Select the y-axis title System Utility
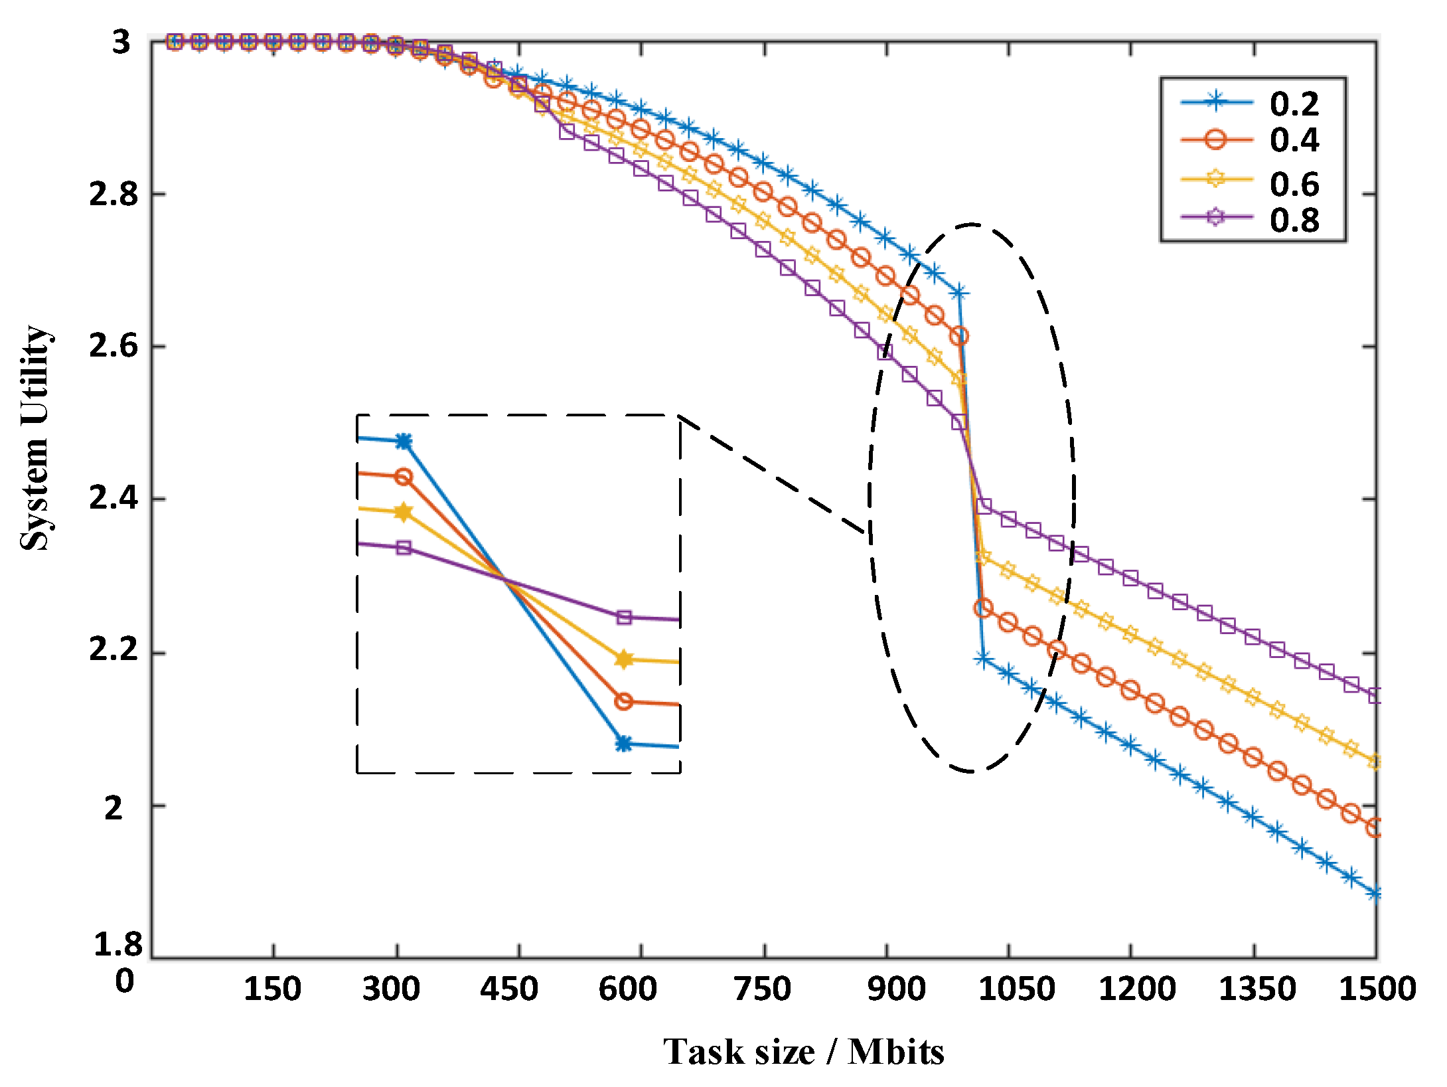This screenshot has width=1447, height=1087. click(x=35, y=438)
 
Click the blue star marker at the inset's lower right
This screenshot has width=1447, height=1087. click(x=623, y=744)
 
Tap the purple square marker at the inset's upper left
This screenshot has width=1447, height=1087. click(x=404, y=548)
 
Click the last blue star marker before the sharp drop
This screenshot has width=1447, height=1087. click(x=958, y=292)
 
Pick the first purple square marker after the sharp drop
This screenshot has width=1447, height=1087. click(x=984, y=507)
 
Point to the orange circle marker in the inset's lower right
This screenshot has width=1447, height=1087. click(x=623, y=701)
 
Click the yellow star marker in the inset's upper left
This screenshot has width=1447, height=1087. click(x=403, y=512)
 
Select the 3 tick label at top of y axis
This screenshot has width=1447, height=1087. click(x=121, y=42)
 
